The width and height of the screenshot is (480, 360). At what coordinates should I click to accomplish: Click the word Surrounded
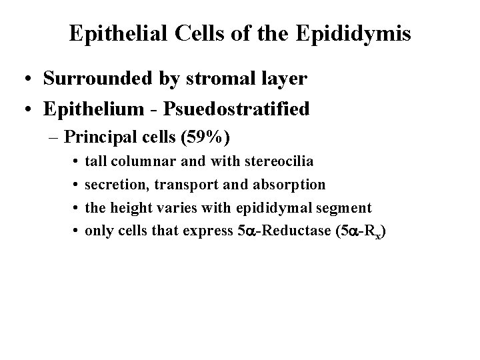(x=98, y=79)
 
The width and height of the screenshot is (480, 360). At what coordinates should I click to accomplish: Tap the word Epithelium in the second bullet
(x=91, y=109)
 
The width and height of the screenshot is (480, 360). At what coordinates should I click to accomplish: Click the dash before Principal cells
(x=53, y=139)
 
